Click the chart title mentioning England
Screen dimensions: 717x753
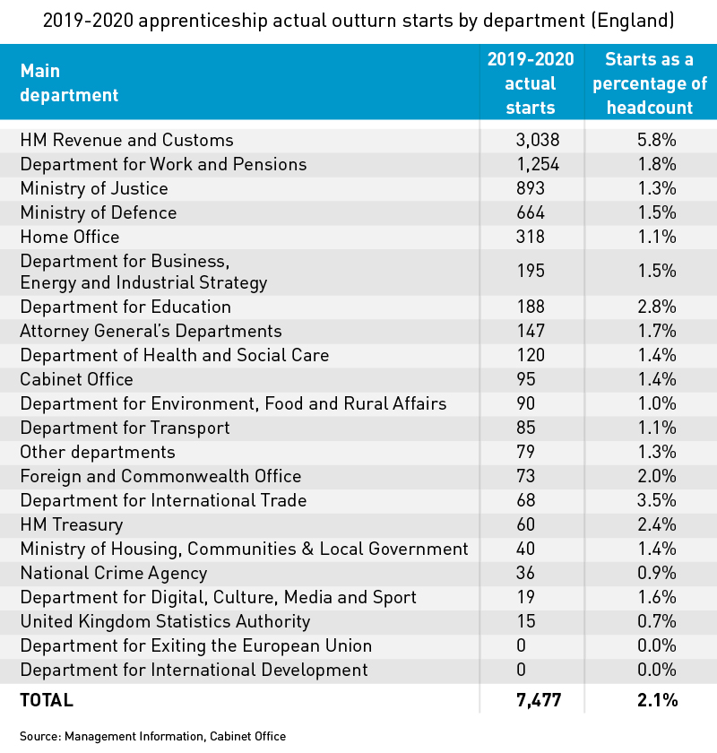[x=358, y=21]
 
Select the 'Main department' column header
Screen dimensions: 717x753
[x=69, y=83]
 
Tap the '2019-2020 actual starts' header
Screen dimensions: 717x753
[x=531, y=83]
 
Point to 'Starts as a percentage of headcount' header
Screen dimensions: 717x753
[x=650, y=83]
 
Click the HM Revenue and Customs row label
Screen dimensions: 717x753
[x=126, y=140]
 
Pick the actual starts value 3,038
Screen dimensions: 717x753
[x=538, y=140]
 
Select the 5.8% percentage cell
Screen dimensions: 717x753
[x=656, y=140]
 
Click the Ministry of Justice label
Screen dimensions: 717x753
[x=94, y=189]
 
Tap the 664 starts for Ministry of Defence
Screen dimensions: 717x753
[x=531, y=212]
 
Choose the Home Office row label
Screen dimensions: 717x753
[x=70, y=237]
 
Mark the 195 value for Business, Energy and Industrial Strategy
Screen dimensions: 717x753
[x=531, y=271]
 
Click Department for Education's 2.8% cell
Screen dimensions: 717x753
[x=656, y=307]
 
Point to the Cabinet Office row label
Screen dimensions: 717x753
[x=76, y=379]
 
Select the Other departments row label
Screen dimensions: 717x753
[x=98, y=453]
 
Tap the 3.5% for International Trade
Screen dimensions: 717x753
[x=656, y=500]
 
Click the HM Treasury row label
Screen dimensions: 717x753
[x=72, y=525]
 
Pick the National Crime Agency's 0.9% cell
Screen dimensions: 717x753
[x=656, y=573]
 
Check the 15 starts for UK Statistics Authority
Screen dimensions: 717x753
[x=526, y=621]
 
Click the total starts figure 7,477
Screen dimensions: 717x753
[x=539, y=700]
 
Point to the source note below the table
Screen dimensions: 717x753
[x=152, y=737]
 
